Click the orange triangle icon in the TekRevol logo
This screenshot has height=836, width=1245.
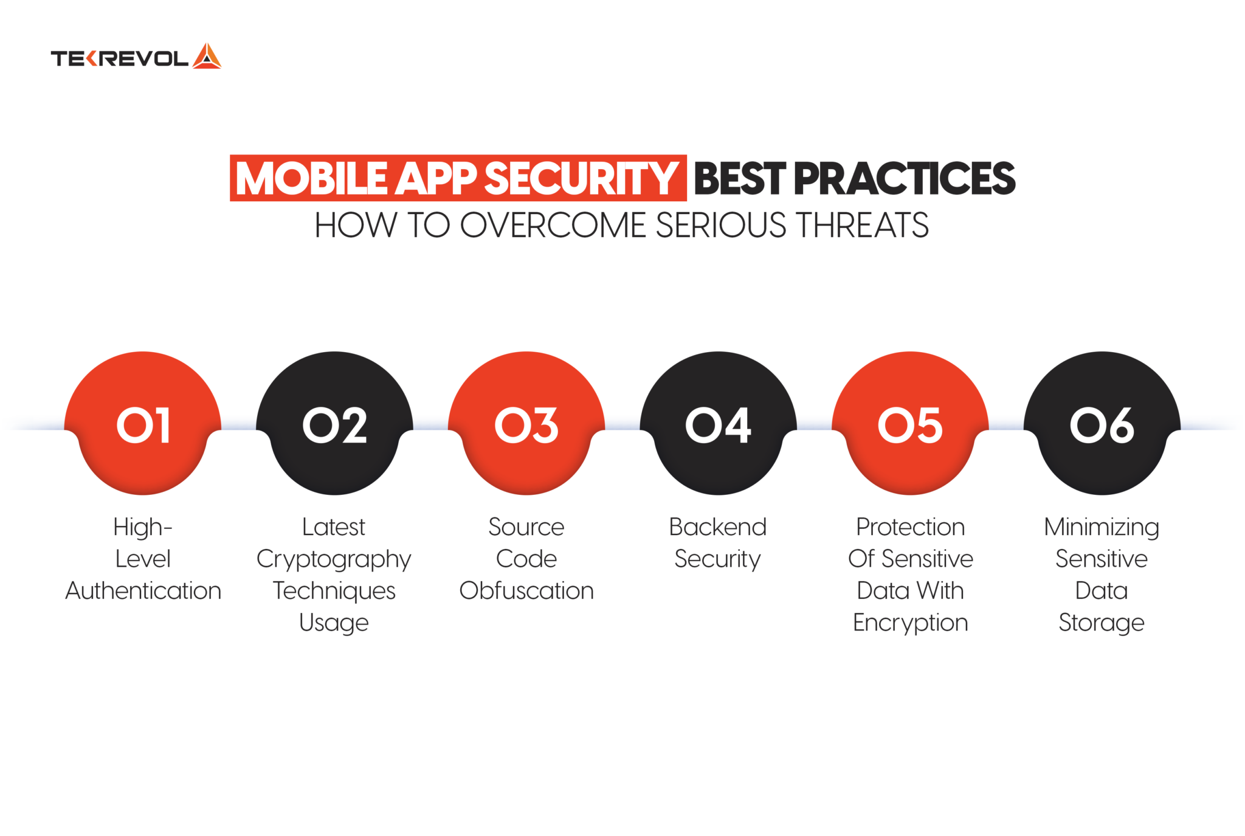[207, 57]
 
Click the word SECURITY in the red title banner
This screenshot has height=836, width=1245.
[581, 179]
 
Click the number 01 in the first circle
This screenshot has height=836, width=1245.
[143, 425]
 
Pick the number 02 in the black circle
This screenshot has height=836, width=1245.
[335, 425]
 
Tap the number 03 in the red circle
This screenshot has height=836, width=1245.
[526, 425]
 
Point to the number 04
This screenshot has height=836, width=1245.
[718, 425]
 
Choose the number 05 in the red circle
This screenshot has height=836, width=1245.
[910, 425]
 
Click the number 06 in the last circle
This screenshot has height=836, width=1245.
[1102, 425]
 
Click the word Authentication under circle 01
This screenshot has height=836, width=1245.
[143, 591]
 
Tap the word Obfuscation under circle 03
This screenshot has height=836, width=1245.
[526, 591]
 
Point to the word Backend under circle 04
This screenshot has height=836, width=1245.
[718, 527]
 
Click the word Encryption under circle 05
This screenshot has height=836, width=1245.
[910, 623]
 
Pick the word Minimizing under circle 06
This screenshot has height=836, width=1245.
[1102, 527]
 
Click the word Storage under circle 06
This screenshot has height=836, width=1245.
[1102, 623]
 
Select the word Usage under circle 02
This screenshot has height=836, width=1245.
[334, 623]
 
